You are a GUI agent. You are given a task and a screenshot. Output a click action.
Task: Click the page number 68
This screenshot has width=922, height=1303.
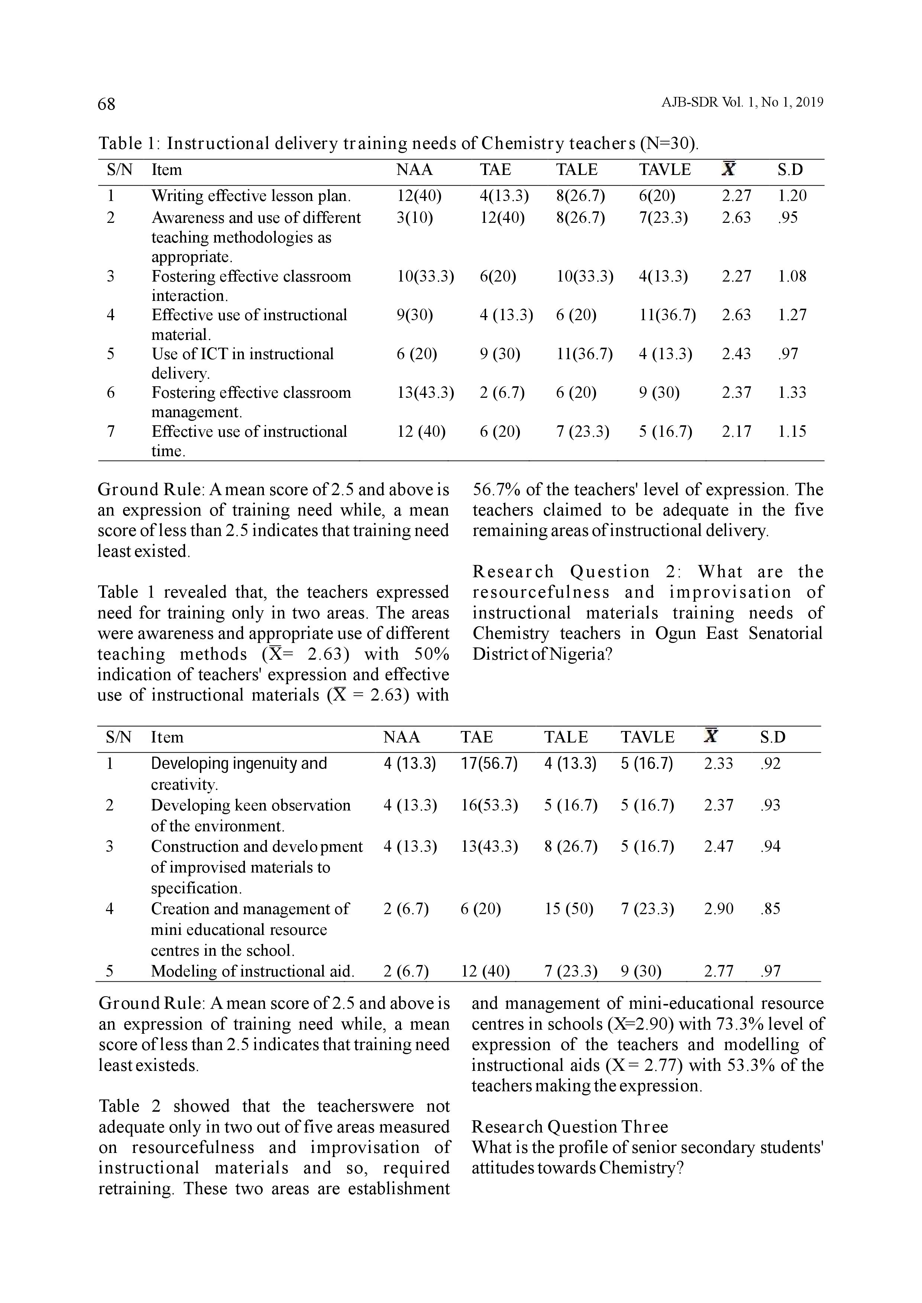106,104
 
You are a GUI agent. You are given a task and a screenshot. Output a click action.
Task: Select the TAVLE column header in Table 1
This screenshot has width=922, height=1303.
665,170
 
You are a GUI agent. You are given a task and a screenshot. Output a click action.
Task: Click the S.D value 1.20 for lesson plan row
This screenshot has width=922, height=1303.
792,196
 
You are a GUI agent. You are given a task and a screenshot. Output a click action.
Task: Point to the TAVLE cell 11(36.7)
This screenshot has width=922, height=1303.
667,315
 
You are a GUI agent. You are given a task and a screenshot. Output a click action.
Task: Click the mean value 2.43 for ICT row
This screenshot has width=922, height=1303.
736,354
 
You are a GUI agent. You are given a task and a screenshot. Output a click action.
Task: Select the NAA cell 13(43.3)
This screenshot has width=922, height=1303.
425,393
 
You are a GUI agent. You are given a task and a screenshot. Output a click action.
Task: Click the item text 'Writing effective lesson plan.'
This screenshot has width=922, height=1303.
251,196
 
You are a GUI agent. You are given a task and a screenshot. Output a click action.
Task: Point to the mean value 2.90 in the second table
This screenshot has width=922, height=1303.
718,909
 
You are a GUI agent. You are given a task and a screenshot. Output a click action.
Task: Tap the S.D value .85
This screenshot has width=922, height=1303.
770,909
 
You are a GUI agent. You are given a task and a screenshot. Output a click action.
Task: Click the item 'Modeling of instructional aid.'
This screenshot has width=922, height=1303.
253,972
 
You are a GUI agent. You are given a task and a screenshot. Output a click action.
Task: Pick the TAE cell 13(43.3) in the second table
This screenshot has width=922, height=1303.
489,847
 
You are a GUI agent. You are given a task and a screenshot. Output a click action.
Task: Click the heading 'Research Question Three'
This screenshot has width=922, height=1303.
569,1127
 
